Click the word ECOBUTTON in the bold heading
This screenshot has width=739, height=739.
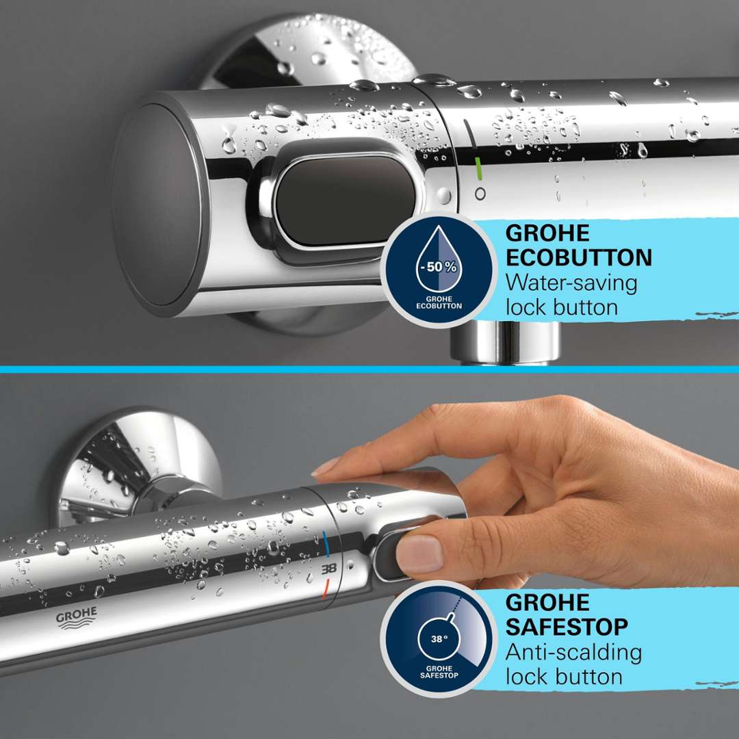pos(579,258)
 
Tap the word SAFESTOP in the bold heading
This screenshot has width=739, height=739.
pos(567,627)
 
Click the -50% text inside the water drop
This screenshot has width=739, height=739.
pos(439,268)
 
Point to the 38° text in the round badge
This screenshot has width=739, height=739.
pos(439,639)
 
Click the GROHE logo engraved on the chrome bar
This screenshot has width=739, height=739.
pos(77,618)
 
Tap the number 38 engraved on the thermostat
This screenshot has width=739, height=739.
pos(329,569)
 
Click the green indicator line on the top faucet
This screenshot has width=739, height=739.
pos(479,169)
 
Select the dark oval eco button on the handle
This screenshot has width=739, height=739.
pos(346,200)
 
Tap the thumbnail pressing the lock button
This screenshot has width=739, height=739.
pos(419,554)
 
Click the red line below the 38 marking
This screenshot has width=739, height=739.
pos(325,589)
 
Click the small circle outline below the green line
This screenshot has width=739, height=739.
pos(480,194)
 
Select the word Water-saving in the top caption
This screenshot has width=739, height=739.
pos(571,283)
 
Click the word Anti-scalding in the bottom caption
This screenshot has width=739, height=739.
pos(573,653)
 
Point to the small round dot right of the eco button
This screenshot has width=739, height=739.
pos(443,195)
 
